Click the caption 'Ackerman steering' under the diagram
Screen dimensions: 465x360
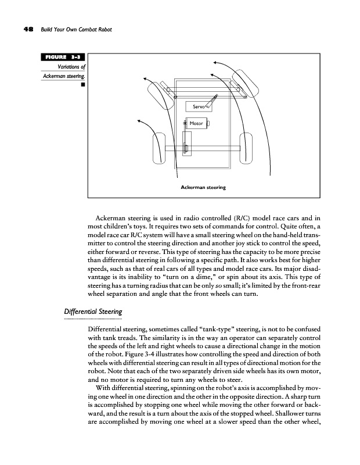coord(203,188)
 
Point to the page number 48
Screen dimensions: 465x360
coord(28,30)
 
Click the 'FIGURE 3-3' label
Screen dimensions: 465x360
coord(62,57)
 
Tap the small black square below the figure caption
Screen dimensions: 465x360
coord(84,85)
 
